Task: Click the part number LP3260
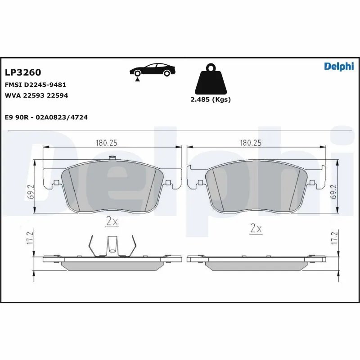tap(22, 72)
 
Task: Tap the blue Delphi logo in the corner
tap(339, 66)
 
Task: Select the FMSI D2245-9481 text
tap(36, 85)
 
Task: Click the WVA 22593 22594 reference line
tap(36, 95)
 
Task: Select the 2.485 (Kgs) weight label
tap(211, 99)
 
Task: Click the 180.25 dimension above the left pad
tap(106, 143)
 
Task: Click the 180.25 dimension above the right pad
tap(251, 143)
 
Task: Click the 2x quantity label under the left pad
tap(112, 221)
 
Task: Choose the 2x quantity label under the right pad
tap(256, 228)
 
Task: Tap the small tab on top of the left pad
tap(112, 158)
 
